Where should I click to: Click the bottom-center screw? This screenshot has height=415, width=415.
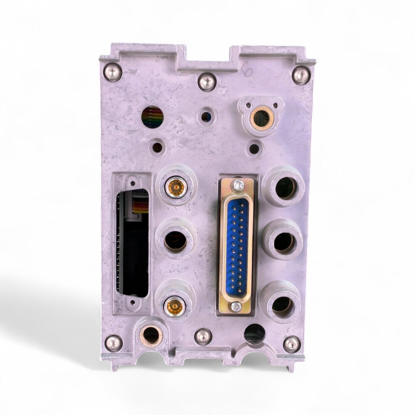point(201,335)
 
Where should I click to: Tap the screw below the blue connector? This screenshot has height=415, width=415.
point(235,306)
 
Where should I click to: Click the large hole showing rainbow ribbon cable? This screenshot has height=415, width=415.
point(153,117)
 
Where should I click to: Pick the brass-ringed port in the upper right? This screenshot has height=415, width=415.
point(260,117)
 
